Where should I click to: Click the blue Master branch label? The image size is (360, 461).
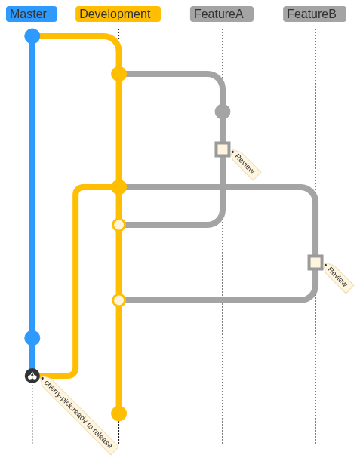(32, 14)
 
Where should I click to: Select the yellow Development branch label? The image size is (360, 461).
(118, 14)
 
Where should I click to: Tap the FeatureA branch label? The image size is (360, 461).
(222, 14)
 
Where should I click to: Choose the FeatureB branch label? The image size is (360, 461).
(315, 14)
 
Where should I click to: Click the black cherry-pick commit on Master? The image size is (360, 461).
(32, 376)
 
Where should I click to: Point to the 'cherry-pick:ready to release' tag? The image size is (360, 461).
(79, 416)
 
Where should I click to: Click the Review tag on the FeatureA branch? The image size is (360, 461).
(245, 164)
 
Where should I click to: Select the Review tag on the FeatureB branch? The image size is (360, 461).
(339, 278)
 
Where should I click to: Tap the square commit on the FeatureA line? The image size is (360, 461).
(223, 149)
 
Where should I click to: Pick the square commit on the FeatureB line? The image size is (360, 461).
(315, 263)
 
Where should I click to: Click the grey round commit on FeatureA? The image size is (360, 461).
(223, 112)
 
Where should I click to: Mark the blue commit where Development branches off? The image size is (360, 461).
(32, 36)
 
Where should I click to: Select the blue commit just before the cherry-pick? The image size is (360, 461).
(32, 338)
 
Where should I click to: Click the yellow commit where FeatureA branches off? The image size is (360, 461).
(118, 74)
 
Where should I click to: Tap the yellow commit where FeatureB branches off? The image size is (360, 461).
(118, 187)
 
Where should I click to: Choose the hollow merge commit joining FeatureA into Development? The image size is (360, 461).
(118, 225)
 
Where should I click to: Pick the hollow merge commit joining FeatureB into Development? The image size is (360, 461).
(118, 300)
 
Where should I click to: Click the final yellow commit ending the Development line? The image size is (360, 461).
(118, 413)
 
